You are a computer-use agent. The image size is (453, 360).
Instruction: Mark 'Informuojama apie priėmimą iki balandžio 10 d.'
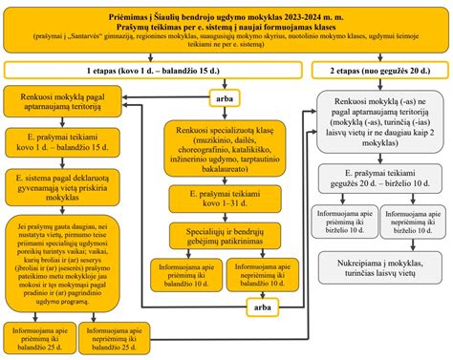194,278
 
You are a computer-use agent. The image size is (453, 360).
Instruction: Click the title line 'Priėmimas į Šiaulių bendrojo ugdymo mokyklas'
226,10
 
